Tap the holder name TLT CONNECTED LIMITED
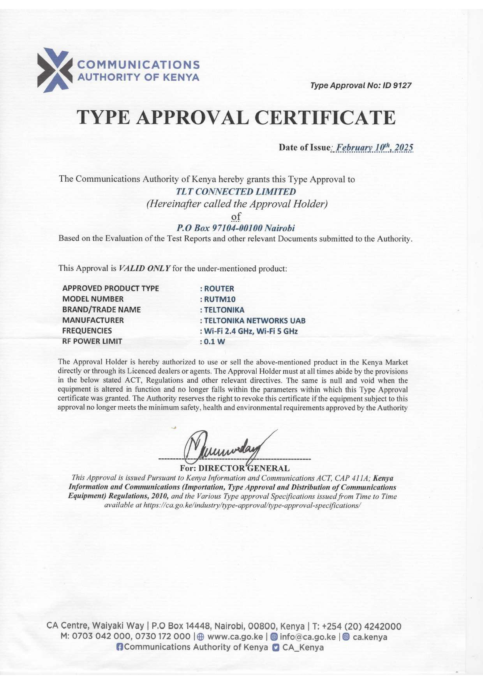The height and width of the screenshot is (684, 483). pyautogui.click(x=236, y=192)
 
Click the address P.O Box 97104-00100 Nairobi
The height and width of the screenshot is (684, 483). pyautogui.click(x=236, y=228)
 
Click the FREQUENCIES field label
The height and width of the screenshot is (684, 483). pyautogui.click(x=87, y=331)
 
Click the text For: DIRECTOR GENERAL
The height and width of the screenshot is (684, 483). pyautogui.click(x=234, y=468)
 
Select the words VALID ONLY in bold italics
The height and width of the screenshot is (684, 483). pyautogui.click(x=145, y=268)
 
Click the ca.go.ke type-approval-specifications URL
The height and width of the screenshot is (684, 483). pyautogui.click(x=252, y=505)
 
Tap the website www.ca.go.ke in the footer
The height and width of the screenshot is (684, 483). pyautogui.click(x=235, y=637)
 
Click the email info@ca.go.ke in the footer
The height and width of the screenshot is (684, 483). pyautogui.click(x=307, y=637)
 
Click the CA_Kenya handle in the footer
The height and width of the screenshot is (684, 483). pyautogui.click(x=303, y=647)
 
